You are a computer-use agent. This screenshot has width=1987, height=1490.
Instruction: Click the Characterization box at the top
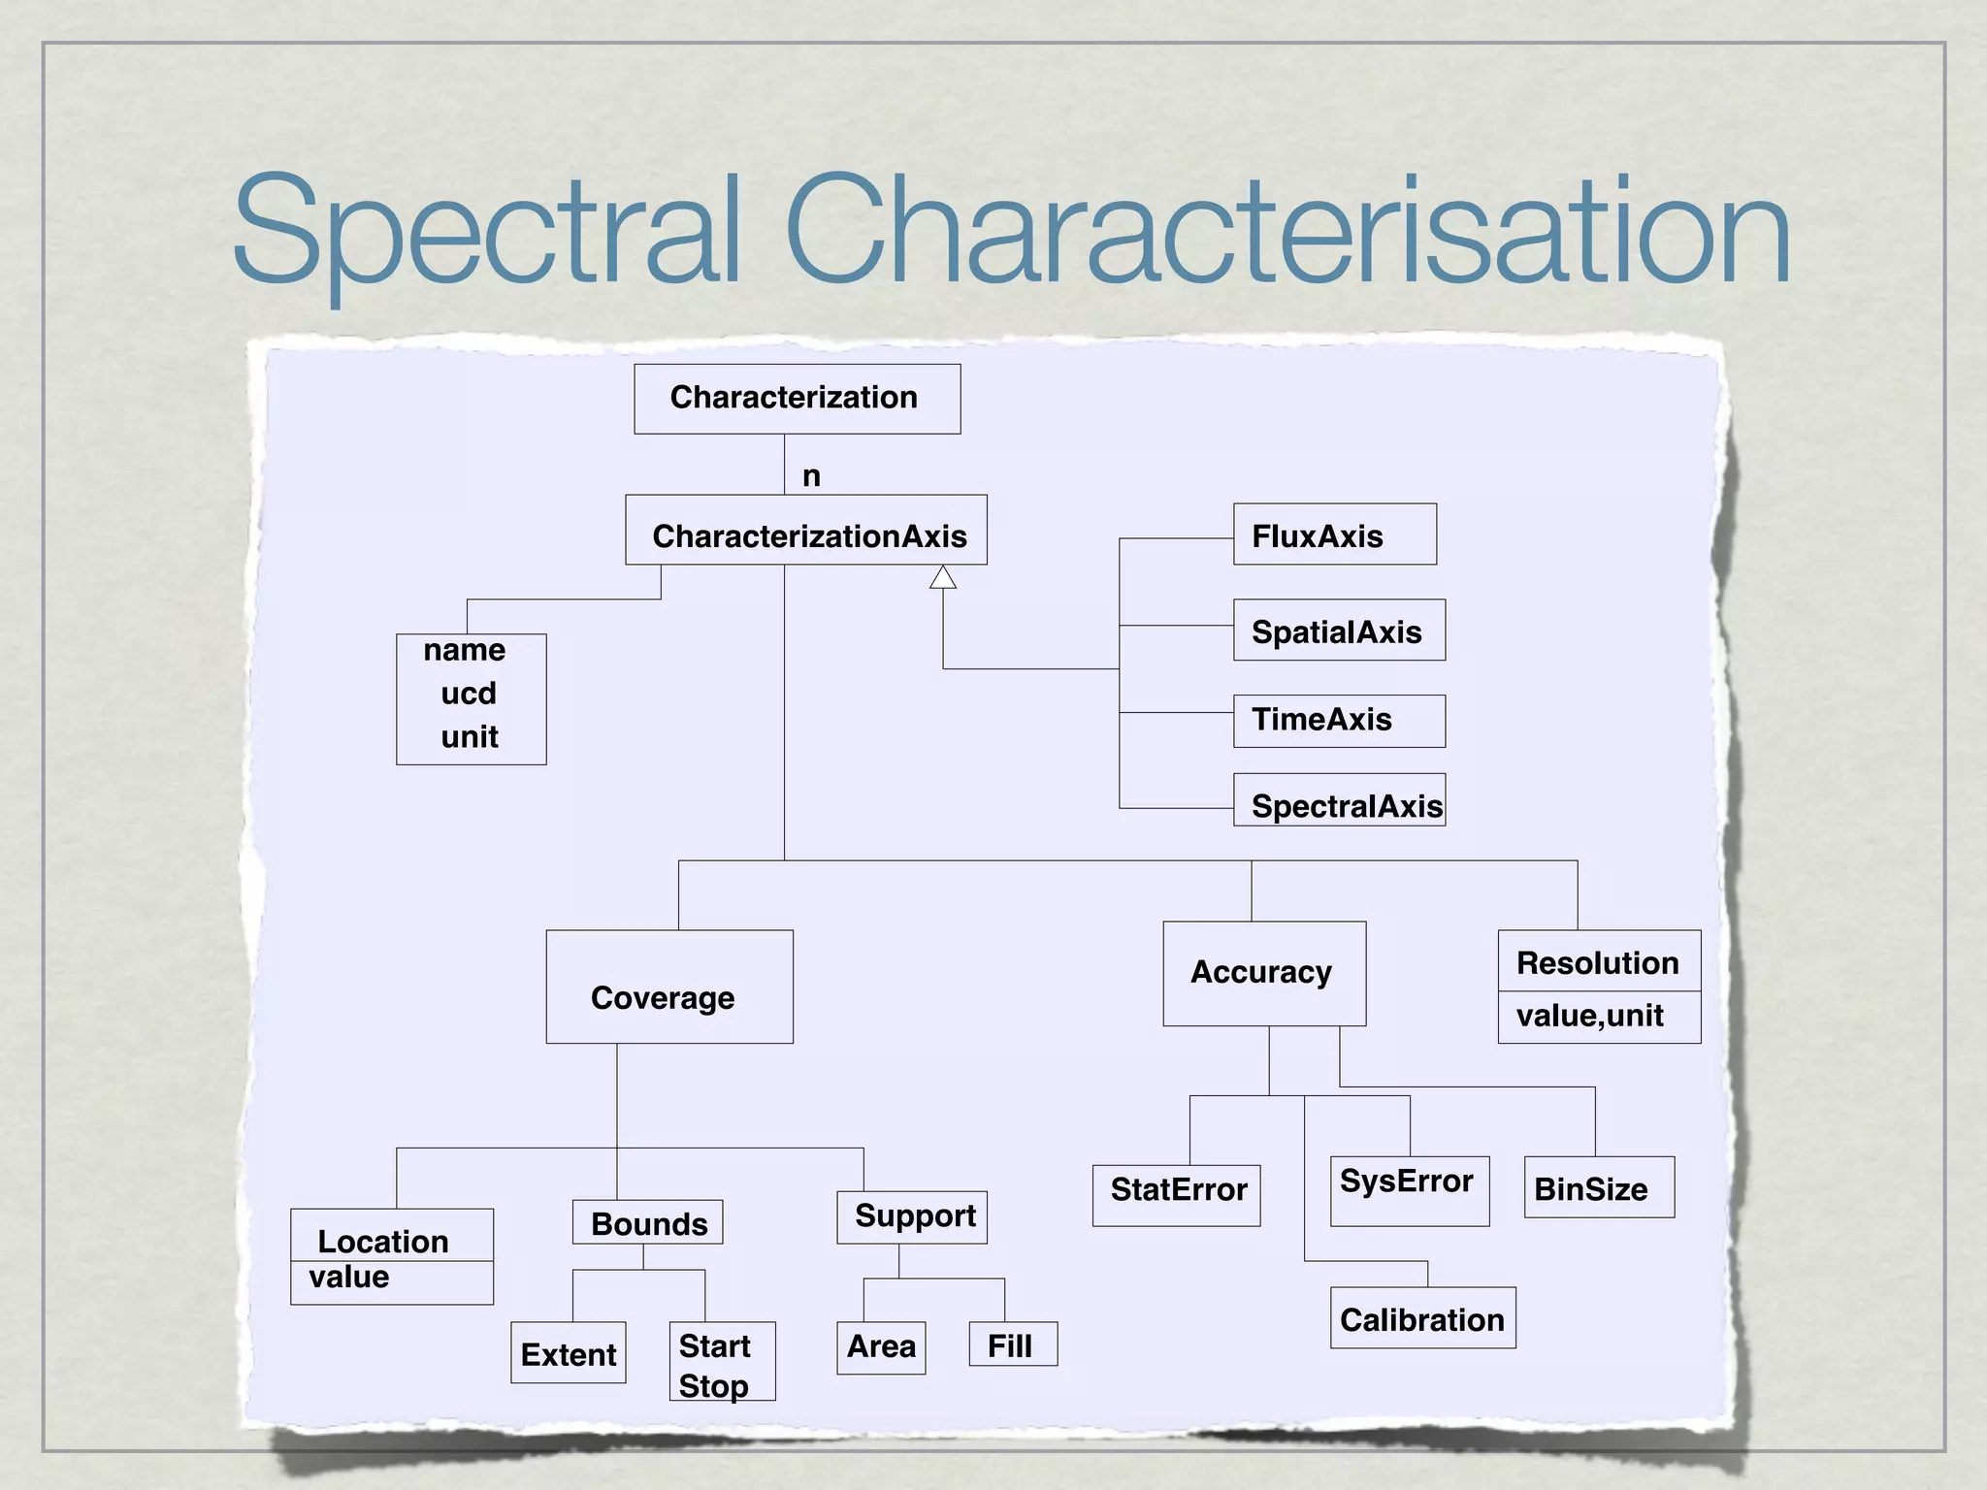797,399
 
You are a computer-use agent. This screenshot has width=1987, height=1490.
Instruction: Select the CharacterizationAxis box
806,531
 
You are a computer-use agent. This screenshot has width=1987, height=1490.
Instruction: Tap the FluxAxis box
1334,534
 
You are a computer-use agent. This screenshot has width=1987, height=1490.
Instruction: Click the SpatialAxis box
1339,631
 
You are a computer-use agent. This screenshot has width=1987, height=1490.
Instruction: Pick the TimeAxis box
1339,721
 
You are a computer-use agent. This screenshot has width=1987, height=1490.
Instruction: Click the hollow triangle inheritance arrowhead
943,578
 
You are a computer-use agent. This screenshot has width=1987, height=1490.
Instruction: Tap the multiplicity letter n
811,476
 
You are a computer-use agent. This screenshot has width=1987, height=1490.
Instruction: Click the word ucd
469,694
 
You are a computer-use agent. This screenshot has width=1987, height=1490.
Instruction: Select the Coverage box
669,988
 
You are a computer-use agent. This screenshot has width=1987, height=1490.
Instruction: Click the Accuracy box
1264,974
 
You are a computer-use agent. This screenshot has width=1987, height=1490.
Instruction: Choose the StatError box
1176,1196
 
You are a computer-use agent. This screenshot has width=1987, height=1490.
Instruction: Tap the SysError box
1409,1191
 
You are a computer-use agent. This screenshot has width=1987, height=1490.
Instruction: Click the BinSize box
1599,1187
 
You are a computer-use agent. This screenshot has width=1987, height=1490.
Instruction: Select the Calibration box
1422,1318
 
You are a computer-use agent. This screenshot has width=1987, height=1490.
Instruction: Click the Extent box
569,1353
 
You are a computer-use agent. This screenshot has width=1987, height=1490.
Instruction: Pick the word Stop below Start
713,1385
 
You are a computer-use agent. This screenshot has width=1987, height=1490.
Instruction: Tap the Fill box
1013,1344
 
